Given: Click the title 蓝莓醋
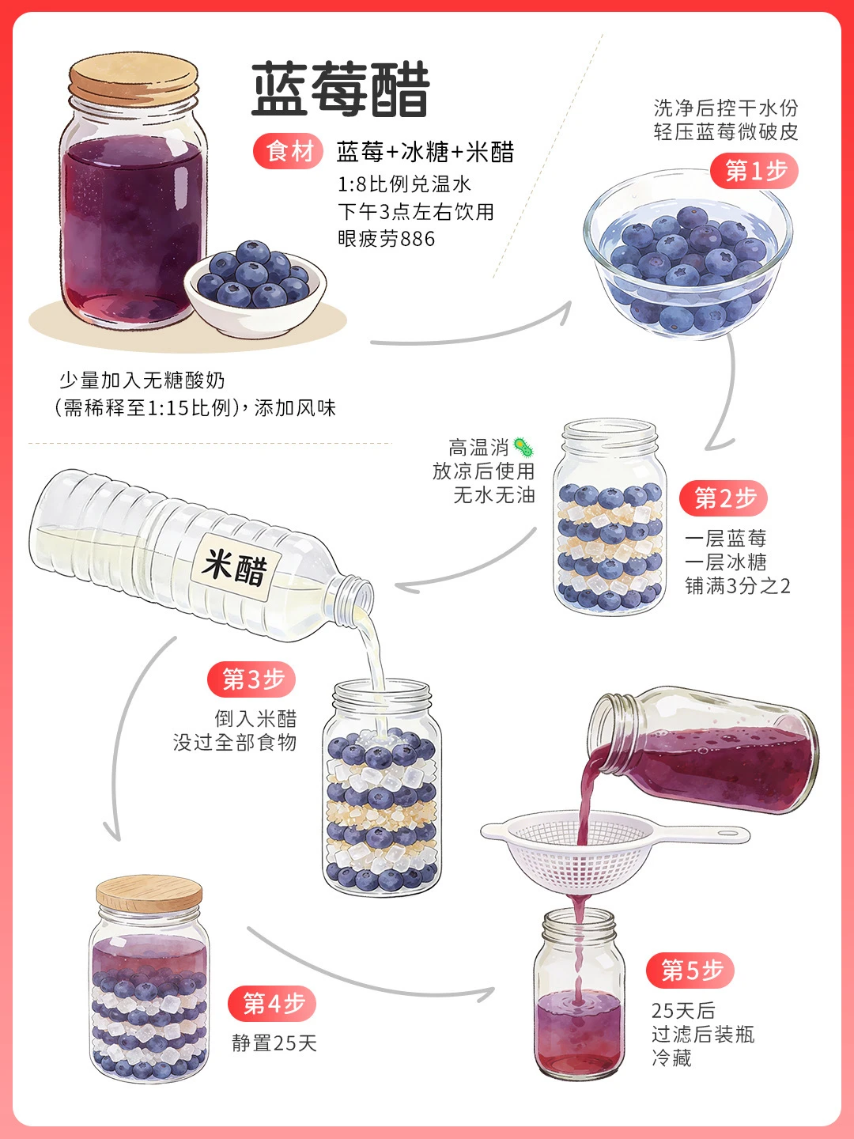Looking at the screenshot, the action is tap(341, 89).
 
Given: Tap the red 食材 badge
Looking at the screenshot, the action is tap(289, 152).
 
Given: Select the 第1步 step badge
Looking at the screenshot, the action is tap(754, 171).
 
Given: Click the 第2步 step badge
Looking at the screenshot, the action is tap(724, 498).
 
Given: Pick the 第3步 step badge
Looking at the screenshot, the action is tap(251, 679).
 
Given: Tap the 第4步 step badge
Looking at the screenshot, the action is tap(272, 1004).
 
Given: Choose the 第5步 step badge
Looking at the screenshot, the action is tap(690, 971).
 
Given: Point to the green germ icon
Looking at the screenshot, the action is tap(523, 447).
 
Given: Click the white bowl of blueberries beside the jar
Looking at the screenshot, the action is tap(255, 290).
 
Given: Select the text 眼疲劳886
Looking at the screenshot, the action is tap(387, 239).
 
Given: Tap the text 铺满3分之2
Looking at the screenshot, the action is tap(737, 586).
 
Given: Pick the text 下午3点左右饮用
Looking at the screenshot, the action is tap(416, 212).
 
